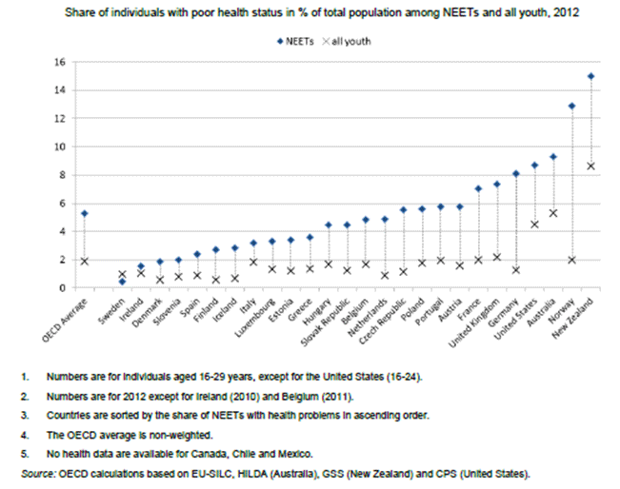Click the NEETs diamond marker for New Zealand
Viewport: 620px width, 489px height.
pos(591,76)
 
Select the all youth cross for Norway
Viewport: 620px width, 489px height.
pos(571,260)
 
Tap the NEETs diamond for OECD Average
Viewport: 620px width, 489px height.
pos(85,213)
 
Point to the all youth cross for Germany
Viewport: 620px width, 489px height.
pos(516,269)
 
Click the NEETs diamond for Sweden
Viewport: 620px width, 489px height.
pos(122,281)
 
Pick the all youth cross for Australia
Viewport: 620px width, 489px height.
pos(553,213)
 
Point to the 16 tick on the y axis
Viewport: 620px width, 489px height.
pos(58,62)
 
